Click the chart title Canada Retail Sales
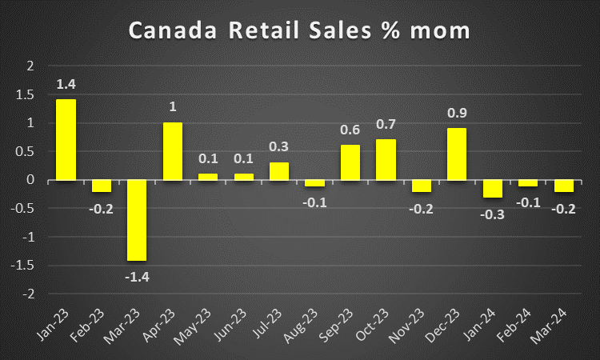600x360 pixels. [300, 31]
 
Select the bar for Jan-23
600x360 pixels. [65, 140]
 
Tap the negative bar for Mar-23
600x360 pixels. [138, 220]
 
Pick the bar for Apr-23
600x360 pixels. [173, 151]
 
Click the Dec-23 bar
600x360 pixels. [456, 154]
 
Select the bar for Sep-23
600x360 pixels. [350, 162]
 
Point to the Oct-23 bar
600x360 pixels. [386, 160]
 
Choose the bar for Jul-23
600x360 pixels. [279, 171]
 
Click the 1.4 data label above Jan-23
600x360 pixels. [65, 83]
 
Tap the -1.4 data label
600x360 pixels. [136, 276]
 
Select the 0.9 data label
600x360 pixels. [456, 112]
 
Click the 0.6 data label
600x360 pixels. [350, 130]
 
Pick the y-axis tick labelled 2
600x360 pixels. [31, 66]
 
